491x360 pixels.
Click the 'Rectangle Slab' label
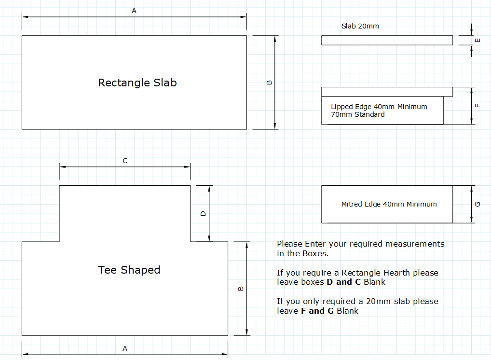(137, 83)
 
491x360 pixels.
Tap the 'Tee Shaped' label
(129, 270)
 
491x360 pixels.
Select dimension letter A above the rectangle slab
(134, 11)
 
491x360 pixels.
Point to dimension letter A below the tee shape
(125, 348)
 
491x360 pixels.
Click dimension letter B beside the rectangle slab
(269, 83)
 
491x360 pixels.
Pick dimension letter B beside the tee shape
(241, 289)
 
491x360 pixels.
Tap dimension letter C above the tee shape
(125, 161)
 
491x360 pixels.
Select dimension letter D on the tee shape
(203, 214)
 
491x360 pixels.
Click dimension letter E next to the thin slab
(477, 40)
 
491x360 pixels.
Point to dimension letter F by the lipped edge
(477, 106)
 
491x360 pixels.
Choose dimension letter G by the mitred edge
(477, 204)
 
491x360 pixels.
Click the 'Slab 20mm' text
(360, 27)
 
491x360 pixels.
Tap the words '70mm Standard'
(358, 115)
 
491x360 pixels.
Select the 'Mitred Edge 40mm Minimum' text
(389, 204)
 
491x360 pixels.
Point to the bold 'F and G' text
(317, 311)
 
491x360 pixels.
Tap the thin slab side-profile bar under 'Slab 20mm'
(387, 41)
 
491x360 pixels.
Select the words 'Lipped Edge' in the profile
(351, 107)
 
